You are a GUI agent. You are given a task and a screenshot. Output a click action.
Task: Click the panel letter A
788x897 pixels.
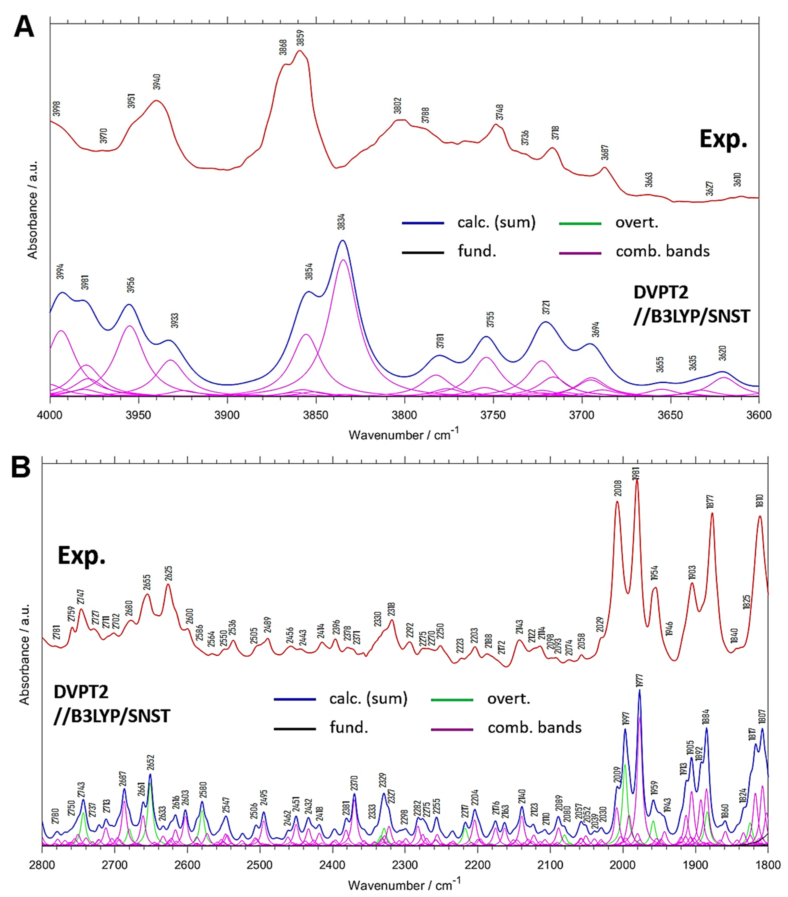(x=24, y=28)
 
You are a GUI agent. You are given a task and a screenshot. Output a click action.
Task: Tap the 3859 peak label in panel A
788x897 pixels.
(x=300, y=38)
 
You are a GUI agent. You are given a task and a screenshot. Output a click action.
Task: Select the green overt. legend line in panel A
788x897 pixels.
(x=580, y=223)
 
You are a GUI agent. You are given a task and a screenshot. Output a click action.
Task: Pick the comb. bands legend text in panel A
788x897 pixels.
(x=662, y=251)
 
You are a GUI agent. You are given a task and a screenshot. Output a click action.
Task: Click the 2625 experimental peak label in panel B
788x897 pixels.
(x=169, y=574)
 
